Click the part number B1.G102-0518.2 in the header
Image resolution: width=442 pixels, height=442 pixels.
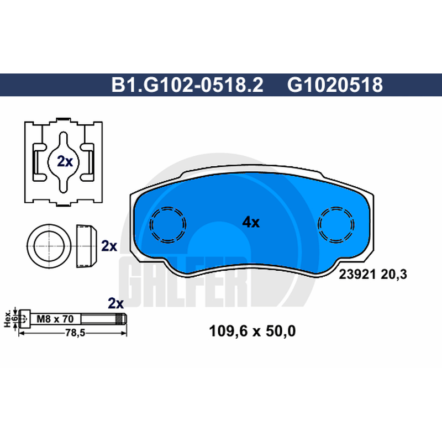(187, 85)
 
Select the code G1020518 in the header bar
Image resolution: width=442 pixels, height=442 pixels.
(335, 85)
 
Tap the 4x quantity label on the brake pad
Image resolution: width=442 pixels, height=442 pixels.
(251, 222)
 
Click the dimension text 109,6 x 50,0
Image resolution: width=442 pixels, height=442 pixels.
(252, 331)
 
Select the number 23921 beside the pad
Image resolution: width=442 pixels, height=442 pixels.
(357, 274)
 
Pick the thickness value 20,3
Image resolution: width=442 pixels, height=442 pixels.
(394, 275)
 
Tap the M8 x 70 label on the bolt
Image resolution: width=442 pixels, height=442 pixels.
(55, 319)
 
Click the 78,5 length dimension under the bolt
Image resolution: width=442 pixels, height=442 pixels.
(75, 333)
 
